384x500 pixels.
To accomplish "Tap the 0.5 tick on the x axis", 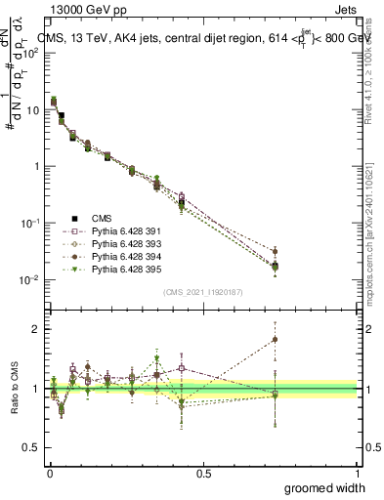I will pyautogui.click(x=203, y=473).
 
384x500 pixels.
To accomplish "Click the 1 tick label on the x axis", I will pyautogui.click(x=357, y=473).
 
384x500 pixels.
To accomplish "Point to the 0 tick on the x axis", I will pyautogui.click(x=49, y=473).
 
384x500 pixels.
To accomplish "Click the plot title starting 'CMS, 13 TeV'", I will pyautogui.click(x=205, y=40).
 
